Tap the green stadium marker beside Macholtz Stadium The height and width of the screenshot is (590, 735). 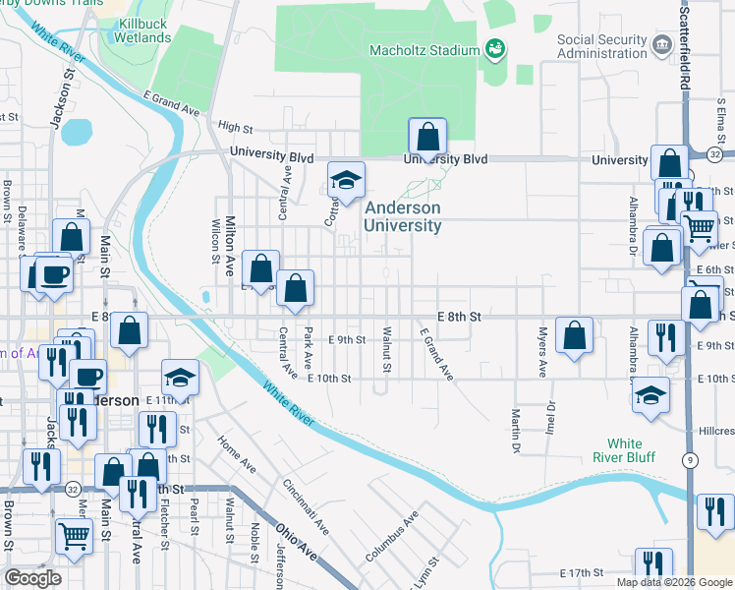click(x=496, y=48)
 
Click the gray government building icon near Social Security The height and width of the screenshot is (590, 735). click(x=662, y=44)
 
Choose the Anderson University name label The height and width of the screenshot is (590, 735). click(x=403, y=217)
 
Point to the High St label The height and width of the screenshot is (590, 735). click(x=236, y=128)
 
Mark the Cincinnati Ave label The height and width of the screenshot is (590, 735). click(x=305, y=506)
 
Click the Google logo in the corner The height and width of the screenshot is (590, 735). click(x=32, y=578)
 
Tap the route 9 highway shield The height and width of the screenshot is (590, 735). click(x=692, y=458)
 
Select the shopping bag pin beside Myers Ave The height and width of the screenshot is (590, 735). click(x=575, y=335)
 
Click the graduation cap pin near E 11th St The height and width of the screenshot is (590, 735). click(x=180, y=378)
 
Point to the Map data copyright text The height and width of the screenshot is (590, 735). click(x=673, y=582)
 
